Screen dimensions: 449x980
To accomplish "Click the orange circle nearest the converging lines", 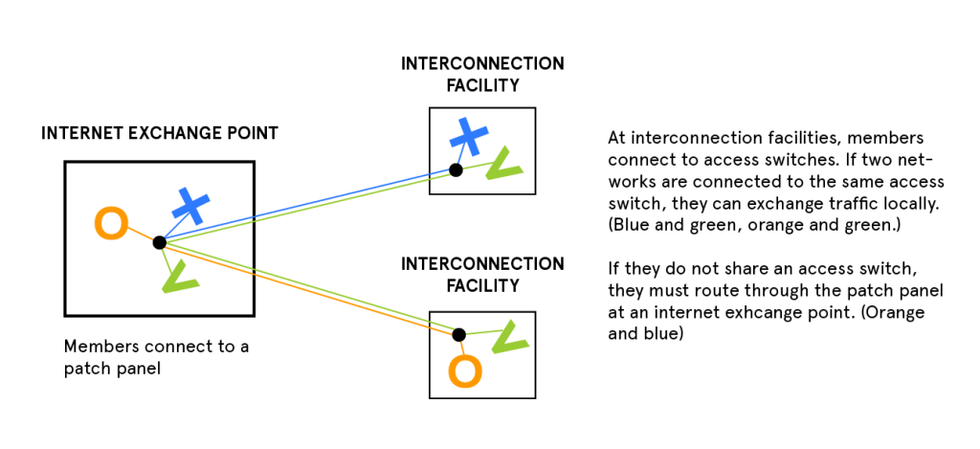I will click(x=111, y=223).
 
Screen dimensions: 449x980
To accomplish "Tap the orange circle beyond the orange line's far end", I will click(x=465, y=370).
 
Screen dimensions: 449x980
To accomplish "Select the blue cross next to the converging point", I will click(x=190, y=207).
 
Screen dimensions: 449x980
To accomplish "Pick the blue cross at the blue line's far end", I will click(x=469, y=137).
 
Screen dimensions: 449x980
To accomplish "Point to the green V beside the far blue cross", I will click(x=502, y=167).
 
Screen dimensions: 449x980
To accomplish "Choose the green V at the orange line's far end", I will click(x=508, y=338).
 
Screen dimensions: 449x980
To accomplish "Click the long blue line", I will click(x=306, y=202).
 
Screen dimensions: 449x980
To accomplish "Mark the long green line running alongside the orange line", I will click(x=306, y=283).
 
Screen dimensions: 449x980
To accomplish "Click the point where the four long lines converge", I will click(x=164, y=239).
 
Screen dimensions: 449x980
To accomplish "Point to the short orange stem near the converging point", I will click(x=141, y=233).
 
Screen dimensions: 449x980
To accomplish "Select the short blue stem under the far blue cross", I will click(x=461, y=156).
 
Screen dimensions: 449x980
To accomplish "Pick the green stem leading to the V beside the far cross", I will click(x=475, y=166).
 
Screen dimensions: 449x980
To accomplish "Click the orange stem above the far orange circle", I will click(x=461, y=345).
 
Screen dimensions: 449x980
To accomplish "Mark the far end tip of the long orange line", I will click(x=454, y=334).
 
